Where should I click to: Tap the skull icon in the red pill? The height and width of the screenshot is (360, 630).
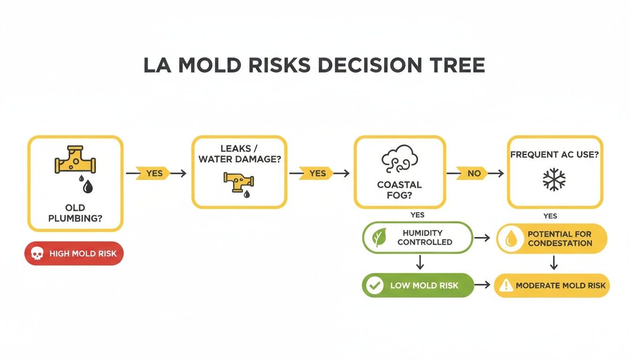click(x=36, y=254)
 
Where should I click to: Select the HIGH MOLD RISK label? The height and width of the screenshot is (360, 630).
click(x=80, y=254)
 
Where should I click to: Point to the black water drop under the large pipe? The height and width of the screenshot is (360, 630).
click(x=88, y=187)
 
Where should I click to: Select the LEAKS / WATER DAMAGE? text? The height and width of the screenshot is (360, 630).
click(x=239, y=154)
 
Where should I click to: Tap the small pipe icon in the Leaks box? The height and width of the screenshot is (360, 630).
click(x=239, y=180)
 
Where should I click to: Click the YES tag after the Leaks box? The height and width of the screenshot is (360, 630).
click(x=317, y=173)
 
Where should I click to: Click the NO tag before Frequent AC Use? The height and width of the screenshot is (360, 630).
click(x=474, y=173)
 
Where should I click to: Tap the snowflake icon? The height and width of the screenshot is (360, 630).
click(x=554, y=179)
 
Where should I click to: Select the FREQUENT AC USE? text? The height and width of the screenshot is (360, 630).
click(x=555, y=154)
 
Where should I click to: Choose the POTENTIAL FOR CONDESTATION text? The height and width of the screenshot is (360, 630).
click(x=559, y=238)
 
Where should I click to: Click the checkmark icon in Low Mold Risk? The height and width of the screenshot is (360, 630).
click(x=375, y=285)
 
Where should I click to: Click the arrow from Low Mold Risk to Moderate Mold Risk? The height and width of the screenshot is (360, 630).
click(x=483, y=285)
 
